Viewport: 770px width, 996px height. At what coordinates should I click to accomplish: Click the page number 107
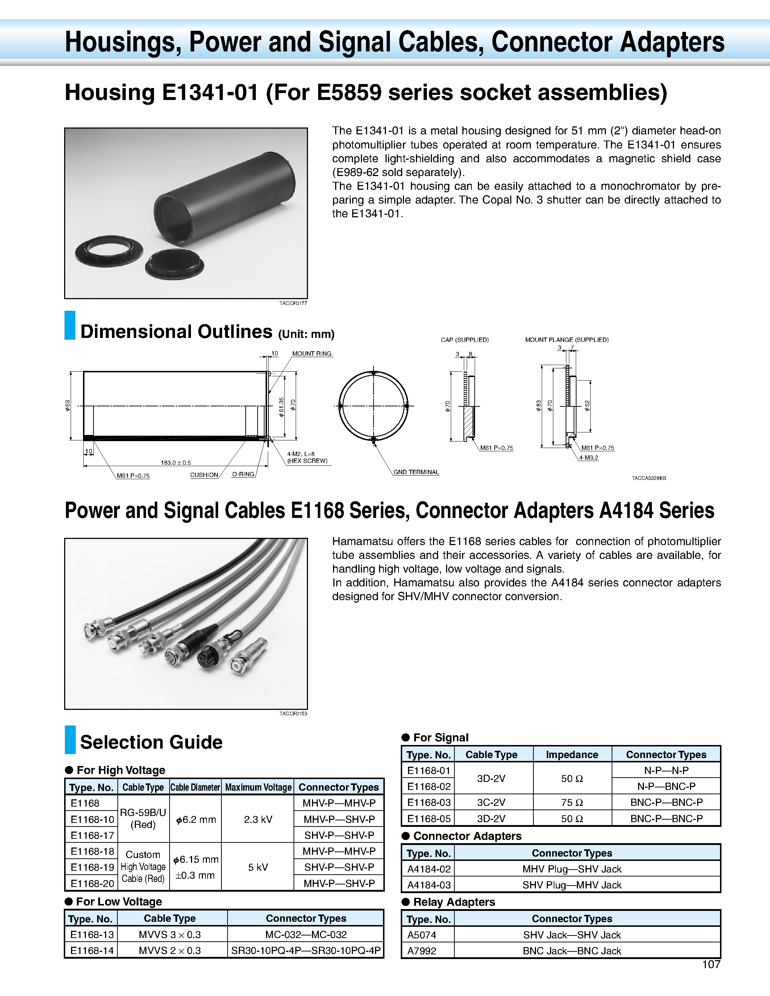[x=711, y=964]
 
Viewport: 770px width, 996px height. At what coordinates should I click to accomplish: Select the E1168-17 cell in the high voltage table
[x=92, y=835]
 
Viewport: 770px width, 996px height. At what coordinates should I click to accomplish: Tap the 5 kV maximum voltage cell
[x=258, y=867]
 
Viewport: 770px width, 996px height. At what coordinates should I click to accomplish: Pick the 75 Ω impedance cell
[x=572, y=802]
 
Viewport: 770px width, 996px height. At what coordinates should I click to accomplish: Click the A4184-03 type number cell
[x=428, y=885]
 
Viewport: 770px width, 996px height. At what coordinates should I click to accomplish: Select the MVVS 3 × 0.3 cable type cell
[x=170, y=934]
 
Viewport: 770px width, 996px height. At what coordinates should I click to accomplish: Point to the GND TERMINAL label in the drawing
[x=416, y=472]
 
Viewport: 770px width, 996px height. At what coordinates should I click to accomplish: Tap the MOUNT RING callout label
[x=312, y=353]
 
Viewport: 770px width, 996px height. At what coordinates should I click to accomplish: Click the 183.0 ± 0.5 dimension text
[x=176, y=463]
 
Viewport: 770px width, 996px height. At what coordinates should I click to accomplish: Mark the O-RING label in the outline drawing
[x=243, y=474]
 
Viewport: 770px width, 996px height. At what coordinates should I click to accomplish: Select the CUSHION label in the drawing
[x=204, y=475]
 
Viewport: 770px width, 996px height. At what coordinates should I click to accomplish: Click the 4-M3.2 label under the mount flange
[x=588, y=457]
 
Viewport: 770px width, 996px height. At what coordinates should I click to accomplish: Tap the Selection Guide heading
[x=151, y=742]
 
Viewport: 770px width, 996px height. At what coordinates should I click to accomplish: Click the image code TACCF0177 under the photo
[x=293, y=303]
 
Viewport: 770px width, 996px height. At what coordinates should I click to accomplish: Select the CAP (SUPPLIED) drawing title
[x=465, y=340]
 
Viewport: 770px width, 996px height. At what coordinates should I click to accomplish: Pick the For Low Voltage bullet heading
[x=118, y=901]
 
